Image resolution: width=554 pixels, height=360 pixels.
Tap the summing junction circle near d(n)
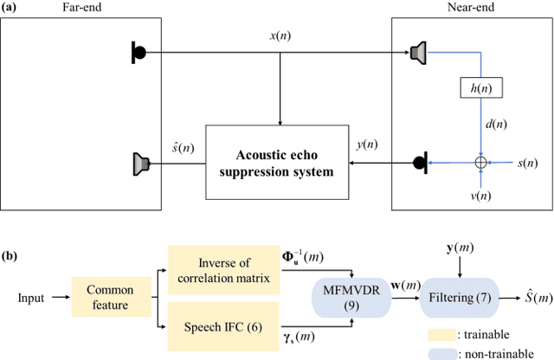point(480,162)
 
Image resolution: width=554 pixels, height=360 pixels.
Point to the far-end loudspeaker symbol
point(141,162)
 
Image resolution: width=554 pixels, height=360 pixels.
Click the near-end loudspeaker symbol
point(417,55)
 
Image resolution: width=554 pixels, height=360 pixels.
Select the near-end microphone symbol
point(421,162)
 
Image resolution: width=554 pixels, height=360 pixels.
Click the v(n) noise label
point(480,196)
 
